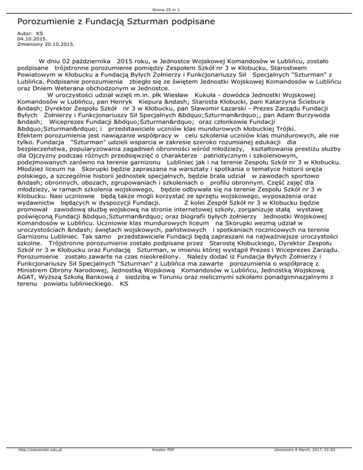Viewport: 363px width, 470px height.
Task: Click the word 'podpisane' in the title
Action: pyautogui.click(x=188, y=22)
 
